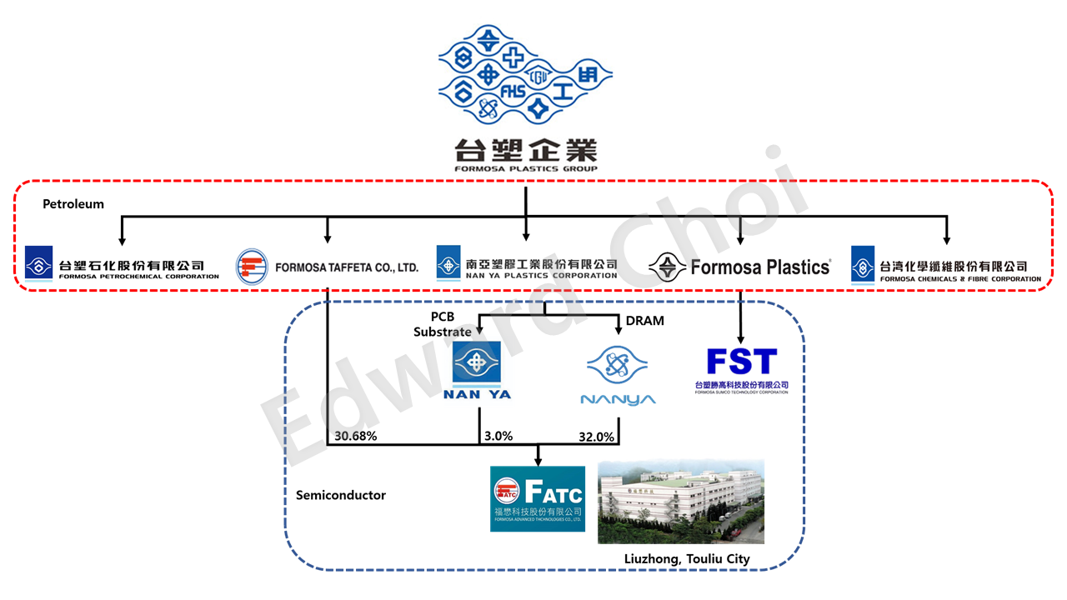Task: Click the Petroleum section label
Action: click(x=73, y=203)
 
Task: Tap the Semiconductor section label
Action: click(x=341, y=495)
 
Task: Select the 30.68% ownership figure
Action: click(x=357, y=436)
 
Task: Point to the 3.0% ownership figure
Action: click(x=498, y=436)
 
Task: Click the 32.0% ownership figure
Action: click(x=596, y=436)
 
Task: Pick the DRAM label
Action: click(x=644, y=320)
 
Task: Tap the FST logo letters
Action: click(x=741, y=362)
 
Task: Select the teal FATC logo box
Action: click(x=537, y=498)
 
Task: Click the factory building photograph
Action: click(x=680, y=501)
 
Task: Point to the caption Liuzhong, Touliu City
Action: click(x=687, y=558)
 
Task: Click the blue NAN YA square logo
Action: click(x=476, y=364)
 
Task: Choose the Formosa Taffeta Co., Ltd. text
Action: click(x=347, y=267)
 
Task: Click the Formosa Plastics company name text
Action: click(x=760, y=267)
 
